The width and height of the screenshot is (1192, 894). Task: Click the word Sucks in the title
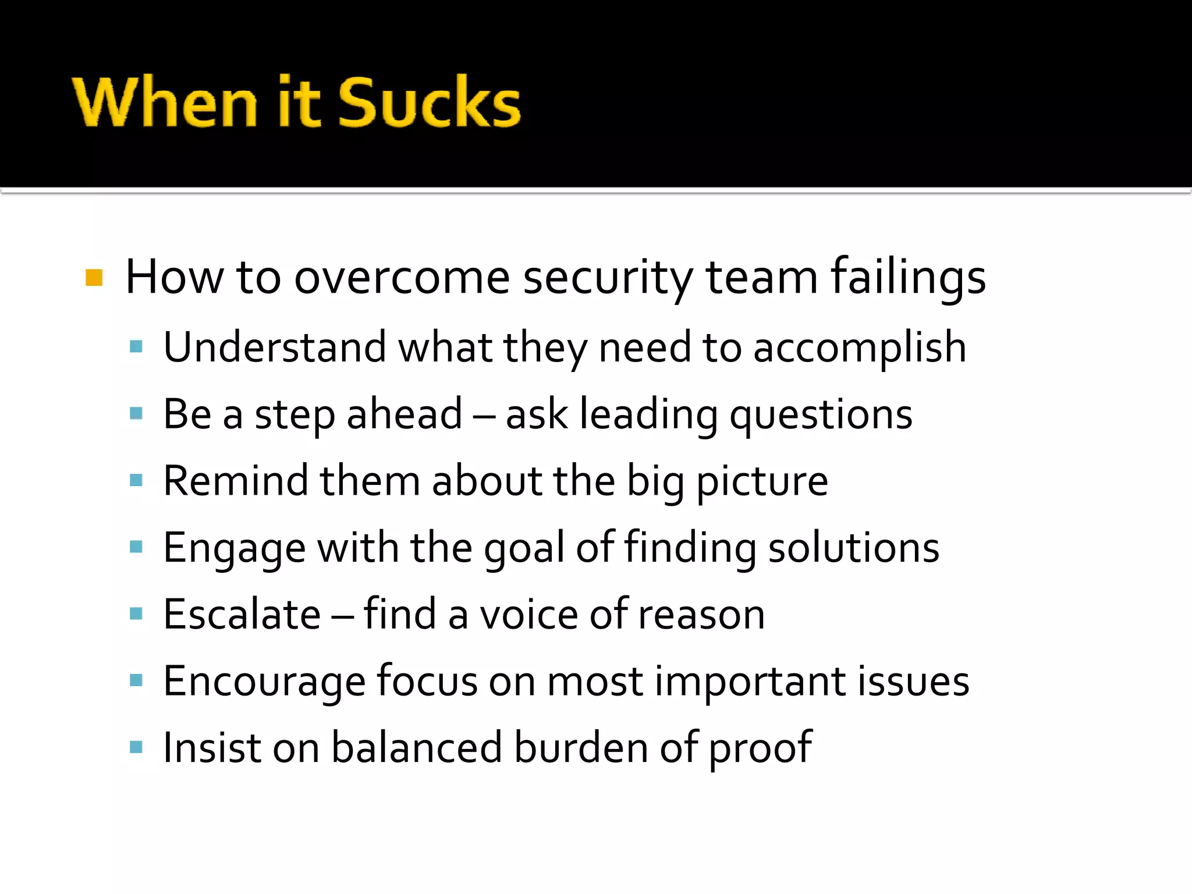coord(429,102)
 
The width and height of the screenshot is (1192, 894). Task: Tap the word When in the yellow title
coord(165,102)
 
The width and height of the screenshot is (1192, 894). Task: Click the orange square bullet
coord(94,278)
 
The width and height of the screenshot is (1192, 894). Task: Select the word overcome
coord(402,278)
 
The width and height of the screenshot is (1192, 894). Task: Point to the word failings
coord(908,278)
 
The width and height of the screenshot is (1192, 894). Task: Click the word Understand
coord(274,347)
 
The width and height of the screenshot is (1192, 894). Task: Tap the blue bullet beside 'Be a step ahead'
coord(136,414)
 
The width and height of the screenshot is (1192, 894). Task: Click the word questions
coord(821,416)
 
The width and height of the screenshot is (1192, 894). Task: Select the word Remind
coord(236,481)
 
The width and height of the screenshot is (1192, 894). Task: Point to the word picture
coord(762,483)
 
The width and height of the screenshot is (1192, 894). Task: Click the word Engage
coord(234,549)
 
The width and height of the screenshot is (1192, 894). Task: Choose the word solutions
coord(853,548)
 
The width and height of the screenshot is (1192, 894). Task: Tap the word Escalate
coord(242,615)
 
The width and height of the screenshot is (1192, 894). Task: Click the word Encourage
coord(264,682)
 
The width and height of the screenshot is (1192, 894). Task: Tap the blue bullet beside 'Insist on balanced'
coord(136,747)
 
